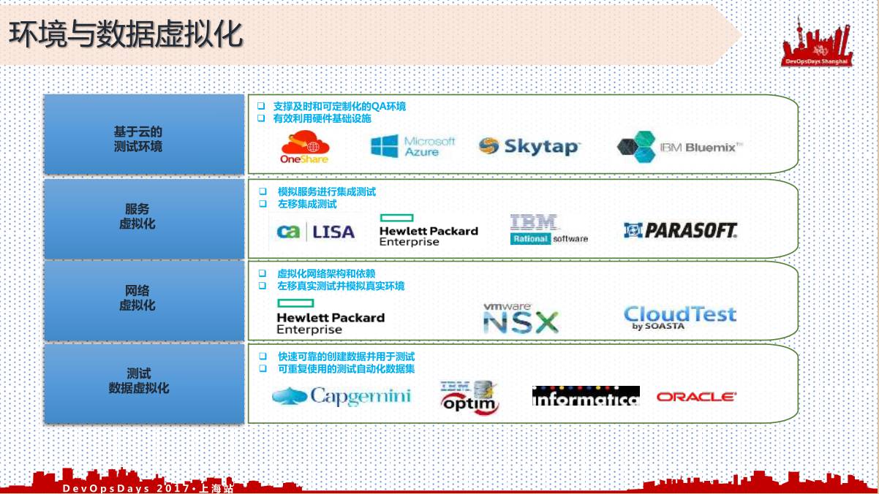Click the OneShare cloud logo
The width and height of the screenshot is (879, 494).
click(305, 146)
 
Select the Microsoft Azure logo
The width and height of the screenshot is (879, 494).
click(413, 146)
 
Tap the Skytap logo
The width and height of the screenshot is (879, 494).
click(529, 146)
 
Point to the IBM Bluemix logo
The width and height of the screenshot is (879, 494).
click(680, 147)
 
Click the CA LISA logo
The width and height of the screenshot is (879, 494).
click(315, 232)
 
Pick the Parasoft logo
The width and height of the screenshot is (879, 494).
click(681, 231)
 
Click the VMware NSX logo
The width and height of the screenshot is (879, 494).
click(520, 319)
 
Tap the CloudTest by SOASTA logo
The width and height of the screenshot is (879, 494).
click(679, 317)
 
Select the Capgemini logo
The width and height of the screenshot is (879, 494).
click(342, 396)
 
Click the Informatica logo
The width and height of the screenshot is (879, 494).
click(586, 396)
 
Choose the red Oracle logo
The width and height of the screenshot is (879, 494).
click(696, 397)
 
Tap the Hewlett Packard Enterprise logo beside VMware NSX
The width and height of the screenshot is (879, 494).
click(330, 317)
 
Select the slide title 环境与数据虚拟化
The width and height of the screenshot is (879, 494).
click(126, 34)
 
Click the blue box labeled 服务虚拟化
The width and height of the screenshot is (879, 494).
click(144, 218)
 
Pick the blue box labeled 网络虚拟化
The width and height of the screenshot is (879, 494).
click(144, 300)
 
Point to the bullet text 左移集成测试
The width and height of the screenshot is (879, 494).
click(307, 205)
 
